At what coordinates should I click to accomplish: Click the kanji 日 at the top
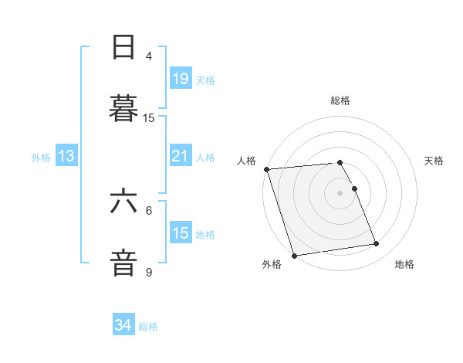tap(124, 48)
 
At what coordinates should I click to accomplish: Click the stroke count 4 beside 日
tap(149, 56)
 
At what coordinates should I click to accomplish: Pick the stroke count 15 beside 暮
tap(149, 117)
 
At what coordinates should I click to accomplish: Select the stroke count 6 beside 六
tap(149, 210)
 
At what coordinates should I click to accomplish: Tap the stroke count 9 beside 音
tap(149, 272)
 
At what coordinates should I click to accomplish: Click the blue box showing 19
tap(180, 79)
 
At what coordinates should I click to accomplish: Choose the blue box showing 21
tap(180, 156)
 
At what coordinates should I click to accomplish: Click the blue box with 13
tap(66, 156)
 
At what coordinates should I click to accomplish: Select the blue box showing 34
tap(123, 326)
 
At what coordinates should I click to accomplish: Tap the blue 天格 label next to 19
tap(205, 80)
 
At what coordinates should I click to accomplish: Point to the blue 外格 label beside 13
tap(41, 157)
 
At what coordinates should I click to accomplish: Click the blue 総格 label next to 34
tap(148, 327)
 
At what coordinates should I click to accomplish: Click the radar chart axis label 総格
tap(340, 100)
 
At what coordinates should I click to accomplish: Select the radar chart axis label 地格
tap(404, 264)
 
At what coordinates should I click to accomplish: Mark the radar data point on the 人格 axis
tap(266, 169)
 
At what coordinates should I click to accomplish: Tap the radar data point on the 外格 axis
tap(294, 255)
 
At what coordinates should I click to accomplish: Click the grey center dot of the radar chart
tap(340, 192)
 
